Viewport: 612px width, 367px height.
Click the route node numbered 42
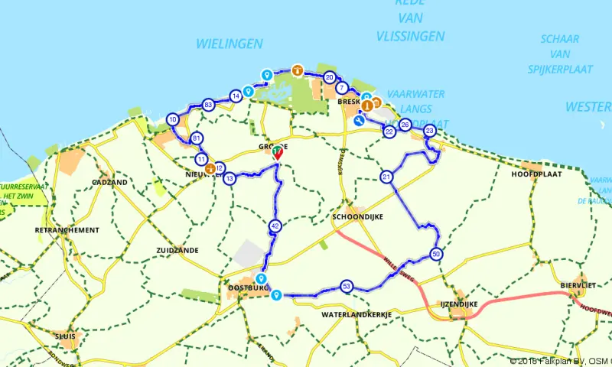click(x=275, y=226)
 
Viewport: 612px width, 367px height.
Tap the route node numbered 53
click(x=347, y=286)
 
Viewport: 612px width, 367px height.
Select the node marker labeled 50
click(x=436, y=254)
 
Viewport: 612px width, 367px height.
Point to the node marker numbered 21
click(x=386, y=177)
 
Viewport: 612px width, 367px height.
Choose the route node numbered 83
click(x=208, y=105)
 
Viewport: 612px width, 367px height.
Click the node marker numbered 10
click(x=174, y=119)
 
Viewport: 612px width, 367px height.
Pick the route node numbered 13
click(x=229, y=178)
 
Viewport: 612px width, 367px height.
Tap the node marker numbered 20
click(x=329, y=77)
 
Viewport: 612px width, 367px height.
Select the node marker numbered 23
click(x=429, y=132)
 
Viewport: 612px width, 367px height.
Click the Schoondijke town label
click(x=357, y=217)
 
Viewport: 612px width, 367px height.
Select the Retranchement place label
click(x=67, y=230)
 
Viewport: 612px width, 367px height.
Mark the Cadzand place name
click(x=109, y=183)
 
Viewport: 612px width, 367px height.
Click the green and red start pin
click(x=277, y=153)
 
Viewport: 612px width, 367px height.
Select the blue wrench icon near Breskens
click(x=360, y=120)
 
